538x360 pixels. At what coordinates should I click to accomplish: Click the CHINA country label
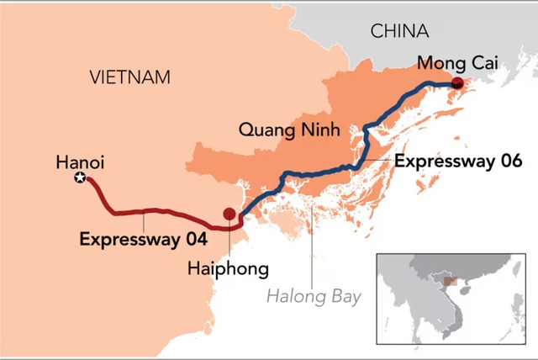click(399, 32)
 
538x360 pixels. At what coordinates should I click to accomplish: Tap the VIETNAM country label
click(129, 77)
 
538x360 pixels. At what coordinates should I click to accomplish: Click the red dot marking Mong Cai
click(456, 82)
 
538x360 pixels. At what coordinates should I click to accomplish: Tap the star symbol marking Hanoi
click(80, 177)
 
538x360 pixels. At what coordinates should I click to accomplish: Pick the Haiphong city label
click(229, 270)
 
